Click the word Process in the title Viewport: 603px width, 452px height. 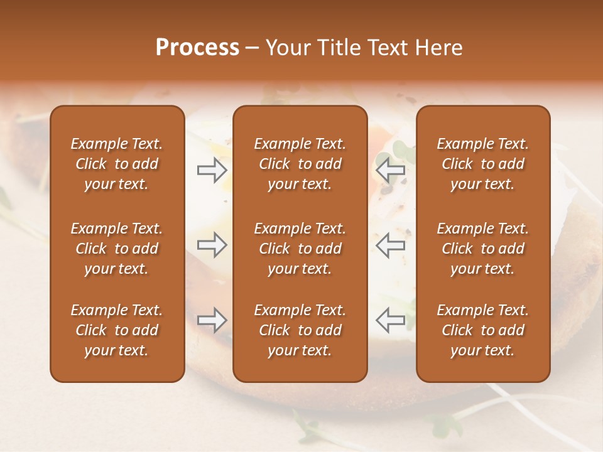(x=197, y=48)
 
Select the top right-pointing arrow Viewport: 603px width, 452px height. (x=212, y=169)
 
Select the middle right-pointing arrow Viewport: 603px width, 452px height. (x=212, y=245)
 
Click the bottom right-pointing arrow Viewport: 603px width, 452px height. (x=212, y=320)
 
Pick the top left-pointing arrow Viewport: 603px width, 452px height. (x=390, y=169)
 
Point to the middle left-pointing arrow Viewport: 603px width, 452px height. (x=390, y=245)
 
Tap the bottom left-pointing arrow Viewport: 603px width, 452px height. (x=390, y=320)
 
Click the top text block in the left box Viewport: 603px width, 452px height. (x=117, y=164)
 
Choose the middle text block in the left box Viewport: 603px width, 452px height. (x=117, y=249)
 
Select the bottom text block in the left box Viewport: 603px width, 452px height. (x=117, y=330)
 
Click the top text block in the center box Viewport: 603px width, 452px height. (x=300, y=164)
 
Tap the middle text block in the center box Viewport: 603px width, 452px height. (x=300, y=249)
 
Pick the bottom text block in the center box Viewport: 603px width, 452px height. (x=300, y=330)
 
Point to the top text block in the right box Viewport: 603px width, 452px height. (x=483, y=164)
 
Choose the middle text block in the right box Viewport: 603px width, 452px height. (x=483, y=249)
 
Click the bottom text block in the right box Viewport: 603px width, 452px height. (x=483, y=330)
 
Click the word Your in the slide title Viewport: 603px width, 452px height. (x=285, y=48)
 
